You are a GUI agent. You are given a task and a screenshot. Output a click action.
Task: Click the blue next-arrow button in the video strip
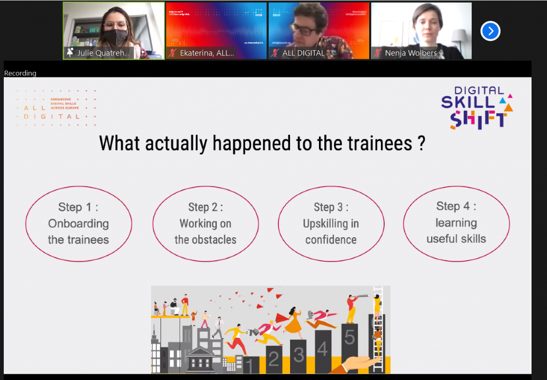[490, 31]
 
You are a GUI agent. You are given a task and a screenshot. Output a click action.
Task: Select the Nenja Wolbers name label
[411, 53]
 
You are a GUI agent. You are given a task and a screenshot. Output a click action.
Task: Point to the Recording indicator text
[20, 73]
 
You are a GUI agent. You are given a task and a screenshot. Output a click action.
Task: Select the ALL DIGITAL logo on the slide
[56, 108]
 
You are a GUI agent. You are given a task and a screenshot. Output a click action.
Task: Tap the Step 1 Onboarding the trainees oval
[79, 223]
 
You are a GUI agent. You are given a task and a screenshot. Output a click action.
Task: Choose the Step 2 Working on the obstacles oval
[205, 223]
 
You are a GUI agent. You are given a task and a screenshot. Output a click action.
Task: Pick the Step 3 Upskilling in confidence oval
[331, 223]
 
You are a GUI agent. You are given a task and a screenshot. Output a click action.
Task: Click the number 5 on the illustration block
[349, 338]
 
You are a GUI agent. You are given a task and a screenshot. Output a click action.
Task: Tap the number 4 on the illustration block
[322, 348]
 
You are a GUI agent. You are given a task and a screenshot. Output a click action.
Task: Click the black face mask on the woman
[115, 37]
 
